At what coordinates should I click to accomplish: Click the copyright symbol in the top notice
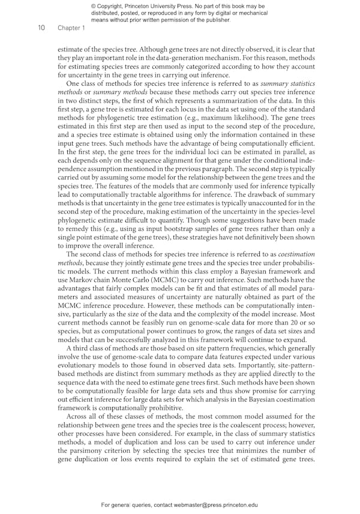(x=93, y=5)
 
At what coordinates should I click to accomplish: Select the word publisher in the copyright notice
(x=211, y=20)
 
